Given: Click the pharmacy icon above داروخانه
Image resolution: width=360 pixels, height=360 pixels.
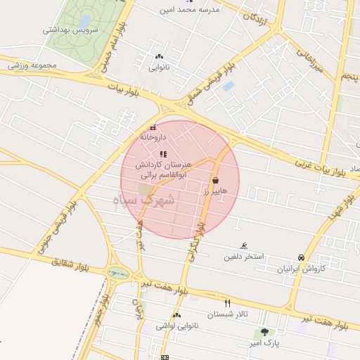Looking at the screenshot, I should click(153, 128).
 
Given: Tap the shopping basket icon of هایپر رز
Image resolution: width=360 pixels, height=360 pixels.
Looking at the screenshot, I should click(214, 180).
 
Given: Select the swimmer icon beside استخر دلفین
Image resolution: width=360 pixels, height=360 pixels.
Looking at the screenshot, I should click(243, 245).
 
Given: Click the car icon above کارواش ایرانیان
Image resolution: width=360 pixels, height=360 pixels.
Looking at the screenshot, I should click(302, 257).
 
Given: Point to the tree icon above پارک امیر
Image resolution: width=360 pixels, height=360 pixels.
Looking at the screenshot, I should click(264, 332).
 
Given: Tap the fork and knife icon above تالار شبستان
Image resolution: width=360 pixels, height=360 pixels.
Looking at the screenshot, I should click(227, 302).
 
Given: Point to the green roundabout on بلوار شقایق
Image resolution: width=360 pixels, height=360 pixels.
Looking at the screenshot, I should click(114, 272).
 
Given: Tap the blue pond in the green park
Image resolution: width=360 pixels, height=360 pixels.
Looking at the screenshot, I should click(85, 20).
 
